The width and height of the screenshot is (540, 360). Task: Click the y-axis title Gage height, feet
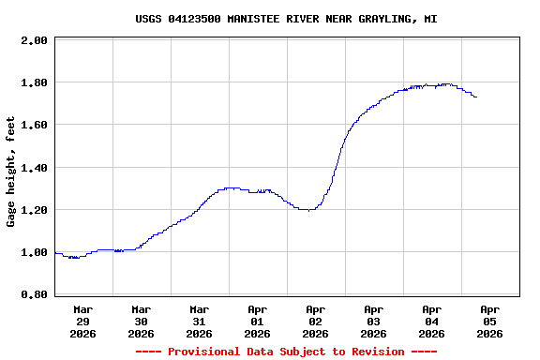tap(11, 172)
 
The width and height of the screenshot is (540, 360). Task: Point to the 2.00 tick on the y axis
tap(34, 40)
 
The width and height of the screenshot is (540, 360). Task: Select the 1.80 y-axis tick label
tap(34, 82)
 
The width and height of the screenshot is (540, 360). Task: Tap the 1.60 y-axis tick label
tap(34, 125)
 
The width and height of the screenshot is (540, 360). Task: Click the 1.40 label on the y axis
tap(34, 168)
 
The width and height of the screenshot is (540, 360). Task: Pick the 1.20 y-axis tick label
tap(34, 210)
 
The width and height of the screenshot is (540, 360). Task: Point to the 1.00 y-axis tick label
tap(34, 252)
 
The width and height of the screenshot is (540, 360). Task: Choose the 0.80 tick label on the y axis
tap(34, 294)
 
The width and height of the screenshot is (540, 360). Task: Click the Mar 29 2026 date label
tap(83, 321)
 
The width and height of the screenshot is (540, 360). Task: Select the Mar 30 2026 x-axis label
tap(142, 321)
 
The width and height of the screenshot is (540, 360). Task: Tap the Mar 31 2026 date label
tap(200, 321)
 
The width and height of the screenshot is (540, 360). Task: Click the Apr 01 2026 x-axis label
tap(258, 321)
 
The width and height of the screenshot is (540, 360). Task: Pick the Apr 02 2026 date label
tap(316, 321)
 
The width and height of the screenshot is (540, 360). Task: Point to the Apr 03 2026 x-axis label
tap(374, 321)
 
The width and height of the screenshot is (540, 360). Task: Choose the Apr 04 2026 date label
tap(432, 321)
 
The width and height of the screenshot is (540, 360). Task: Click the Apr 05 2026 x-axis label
tap(490, 321)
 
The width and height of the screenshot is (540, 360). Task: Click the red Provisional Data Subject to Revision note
tap(286, 352)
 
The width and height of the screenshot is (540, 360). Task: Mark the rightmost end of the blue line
tap(476, 97)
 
